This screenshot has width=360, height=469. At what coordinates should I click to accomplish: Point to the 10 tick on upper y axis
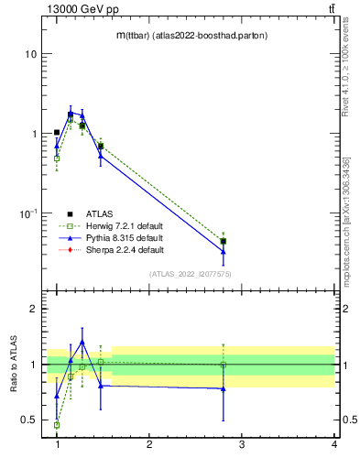(x=30, y=54)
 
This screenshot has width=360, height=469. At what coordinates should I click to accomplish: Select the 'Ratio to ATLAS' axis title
(x=14, y=365)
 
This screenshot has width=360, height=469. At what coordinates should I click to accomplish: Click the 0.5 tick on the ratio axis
(x=28, y=420)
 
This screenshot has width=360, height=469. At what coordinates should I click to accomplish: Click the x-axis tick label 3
(x=242, y=444)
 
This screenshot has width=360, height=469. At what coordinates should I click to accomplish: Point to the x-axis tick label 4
(x=333, y=444)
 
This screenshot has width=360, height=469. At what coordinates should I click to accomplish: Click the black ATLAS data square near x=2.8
(x=224, y=242)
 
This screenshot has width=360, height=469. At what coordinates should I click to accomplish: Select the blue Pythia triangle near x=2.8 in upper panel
(x=224, y=251)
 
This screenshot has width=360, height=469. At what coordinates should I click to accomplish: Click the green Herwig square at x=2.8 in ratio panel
(x=224, y=365)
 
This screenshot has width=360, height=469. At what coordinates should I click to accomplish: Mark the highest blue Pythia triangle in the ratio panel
(x=82, y=343)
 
